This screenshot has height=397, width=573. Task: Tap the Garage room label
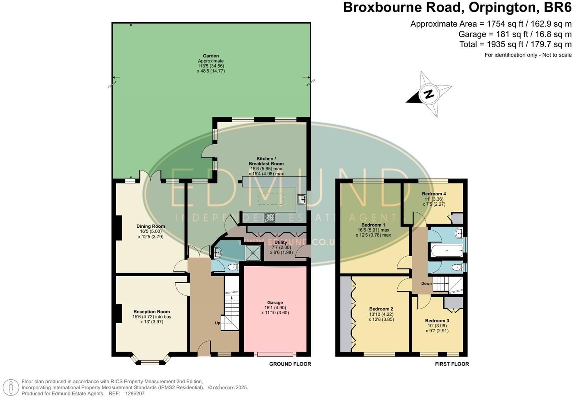pyautogui.click(x=275, y=302)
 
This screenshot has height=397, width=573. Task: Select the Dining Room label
pyautogui.click(x=151, y=226)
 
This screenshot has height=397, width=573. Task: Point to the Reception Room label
pyautogui.click(x=152, y=312)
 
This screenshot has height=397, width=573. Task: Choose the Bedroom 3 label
pyautogui.click(x=437, y=320)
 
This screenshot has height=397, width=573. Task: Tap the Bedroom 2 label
pyautogui.click(x=381, y=309)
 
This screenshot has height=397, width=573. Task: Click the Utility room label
pyautogui.click(x=281, y=242)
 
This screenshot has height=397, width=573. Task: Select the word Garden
pyautogui.click(x=211, y=56)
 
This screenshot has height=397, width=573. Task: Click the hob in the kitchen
pyautogui.click(x=270, y=217)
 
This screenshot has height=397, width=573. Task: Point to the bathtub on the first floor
pyautogui.click(x=447, y=251)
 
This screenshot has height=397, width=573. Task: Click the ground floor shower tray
pyautogui.click(x=253, y=253)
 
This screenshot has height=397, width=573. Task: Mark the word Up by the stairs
pyautogui.click(x=218, y=323)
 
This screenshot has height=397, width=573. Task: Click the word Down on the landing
pyautogui.click(x=426, y=283)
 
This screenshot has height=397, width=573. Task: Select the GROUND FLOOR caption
pyautogui.click(x=290, y=364)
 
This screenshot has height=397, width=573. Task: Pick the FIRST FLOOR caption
pyautogui.click(x=452, y=364)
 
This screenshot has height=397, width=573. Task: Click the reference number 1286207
pyautogui.click(x=135, y=394)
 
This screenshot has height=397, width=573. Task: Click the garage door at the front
pyautogui.click(x=275, y=354)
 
